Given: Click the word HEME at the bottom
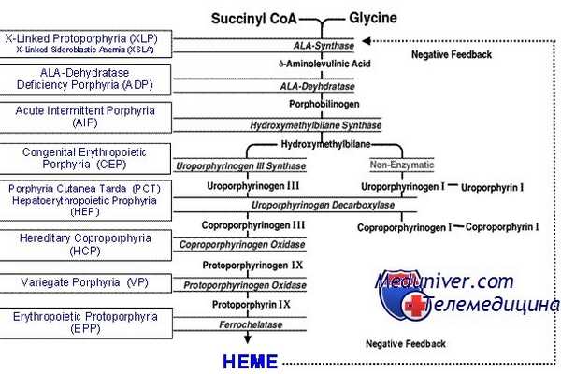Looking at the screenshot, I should (249, 361).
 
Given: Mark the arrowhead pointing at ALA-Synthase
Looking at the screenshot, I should (367, 40).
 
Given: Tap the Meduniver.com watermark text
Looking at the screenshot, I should (444, 280).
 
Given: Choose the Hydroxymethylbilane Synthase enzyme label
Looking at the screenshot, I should (314, 124).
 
